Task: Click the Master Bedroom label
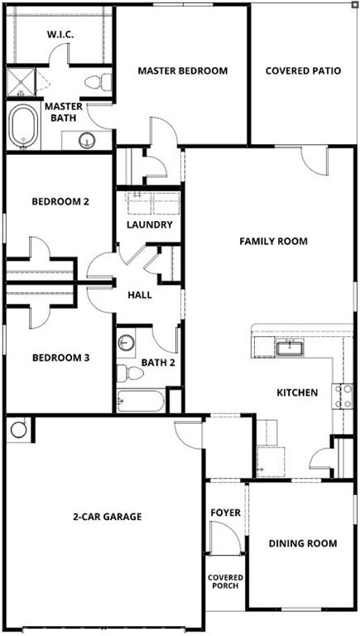pos(182,70)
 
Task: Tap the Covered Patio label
pos(303,70)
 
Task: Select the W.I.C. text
pos(60,35)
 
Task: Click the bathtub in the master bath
pos(23,126)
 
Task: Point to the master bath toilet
pos(98,82)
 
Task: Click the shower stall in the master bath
pos(21,82)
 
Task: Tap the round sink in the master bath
pos(87,141)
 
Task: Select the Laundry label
pos(150,224)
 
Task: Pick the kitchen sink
pos(290,349)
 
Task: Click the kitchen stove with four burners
pos(342,397)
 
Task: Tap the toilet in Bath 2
pos(130,373)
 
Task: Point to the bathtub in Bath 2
pos(141,401)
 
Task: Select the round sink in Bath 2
pos(126,343)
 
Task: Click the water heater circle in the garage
pos(19,430)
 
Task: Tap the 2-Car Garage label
pos(108,517)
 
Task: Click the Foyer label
pos(225,513)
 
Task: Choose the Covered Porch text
pos(225,581)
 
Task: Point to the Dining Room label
pos(303,543)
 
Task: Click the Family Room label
pos(273,241)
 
